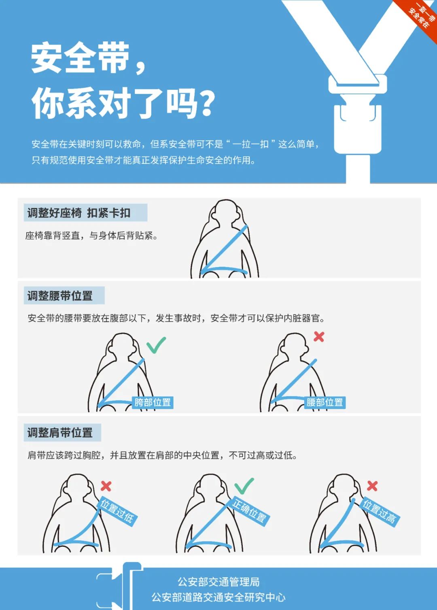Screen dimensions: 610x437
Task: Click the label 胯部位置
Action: click(153, 402)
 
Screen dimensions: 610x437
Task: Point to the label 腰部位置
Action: click(325, 402)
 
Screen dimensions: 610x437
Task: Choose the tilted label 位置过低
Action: click(117, 511)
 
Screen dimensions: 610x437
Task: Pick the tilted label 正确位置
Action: click(249, 511)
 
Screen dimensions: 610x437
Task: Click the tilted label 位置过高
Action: click(380, 511)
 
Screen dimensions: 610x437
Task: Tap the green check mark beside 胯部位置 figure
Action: click(156, 344)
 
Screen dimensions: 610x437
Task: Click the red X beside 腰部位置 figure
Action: click(319, 336)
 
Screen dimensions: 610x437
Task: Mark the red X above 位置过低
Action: click(106, 486)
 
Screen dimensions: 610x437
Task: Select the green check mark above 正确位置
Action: click(244, 486)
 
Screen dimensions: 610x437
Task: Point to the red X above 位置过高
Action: click(372, 486)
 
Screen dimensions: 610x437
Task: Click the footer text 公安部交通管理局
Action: click(218, 582)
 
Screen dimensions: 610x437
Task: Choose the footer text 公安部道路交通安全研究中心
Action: click(218, 597)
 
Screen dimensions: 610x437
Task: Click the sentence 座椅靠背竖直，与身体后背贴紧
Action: click(91, 236)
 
